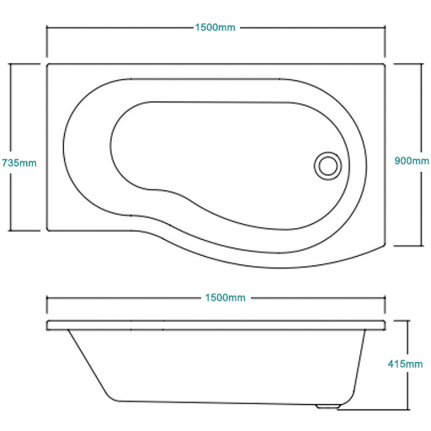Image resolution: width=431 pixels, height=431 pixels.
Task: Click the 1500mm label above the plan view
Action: pyautogui.click(x=215, y=28)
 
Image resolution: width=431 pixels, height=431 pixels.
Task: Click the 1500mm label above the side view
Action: pyautogui.click(x=225, y=298)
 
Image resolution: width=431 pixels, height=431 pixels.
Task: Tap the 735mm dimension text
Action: pyautogui.click(x=19, y=163)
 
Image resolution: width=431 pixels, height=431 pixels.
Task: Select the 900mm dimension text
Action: pyautogui.click(x=412, y=161)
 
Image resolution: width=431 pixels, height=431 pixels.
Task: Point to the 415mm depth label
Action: pyautogui.click(x=405, y=364)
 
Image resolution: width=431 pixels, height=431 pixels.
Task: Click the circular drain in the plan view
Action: pyautogui.click(x=327, y=166)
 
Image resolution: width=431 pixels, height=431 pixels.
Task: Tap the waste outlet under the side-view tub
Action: pyautogui.click(x=328, y=406)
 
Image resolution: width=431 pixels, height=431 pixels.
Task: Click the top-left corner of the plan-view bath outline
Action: pyautogui.click(x=47, y=64)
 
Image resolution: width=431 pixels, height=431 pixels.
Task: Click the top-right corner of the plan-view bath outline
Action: pyautogui.click(x=386, y=64)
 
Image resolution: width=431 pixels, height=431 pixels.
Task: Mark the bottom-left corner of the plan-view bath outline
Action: pyautogui.click(x=47, y=231)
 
